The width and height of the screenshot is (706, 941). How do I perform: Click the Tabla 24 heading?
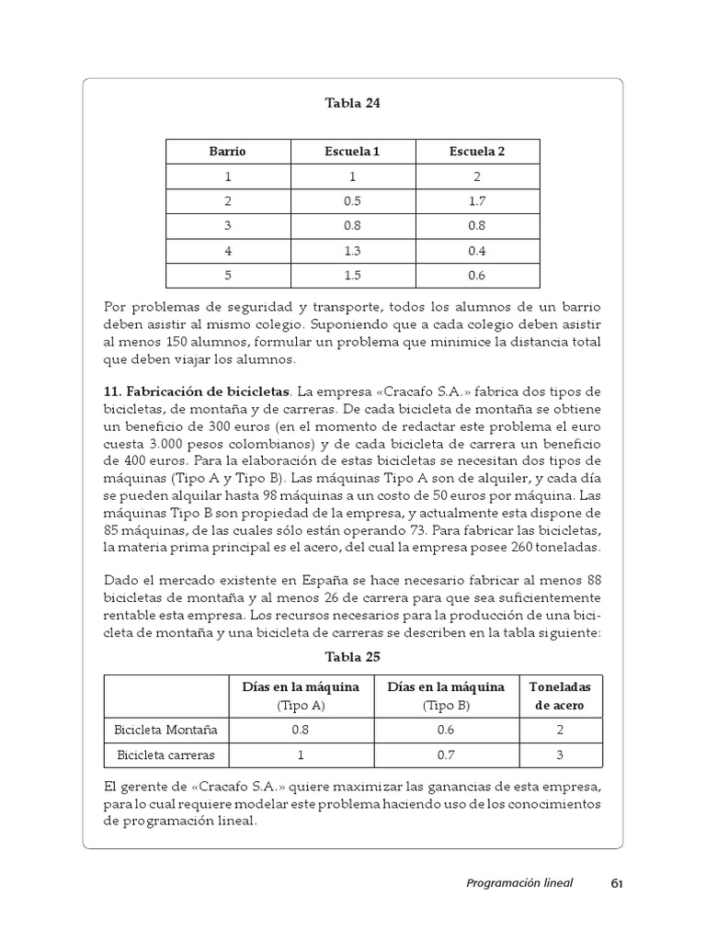tap(352, 103)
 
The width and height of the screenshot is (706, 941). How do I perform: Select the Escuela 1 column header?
tap(352, 151)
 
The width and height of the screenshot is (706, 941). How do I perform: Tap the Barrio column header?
tap(228, 151)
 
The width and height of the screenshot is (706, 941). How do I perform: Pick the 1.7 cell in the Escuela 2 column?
tap(477, 200)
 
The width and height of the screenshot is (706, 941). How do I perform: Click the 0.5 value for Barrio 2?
tap(352, 200)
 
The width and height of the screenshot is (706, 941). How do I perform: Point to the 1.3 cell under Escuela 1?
tap(352, 250)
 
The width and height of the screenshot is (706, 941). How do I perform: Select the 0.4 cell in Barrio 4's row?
tap(477, 250)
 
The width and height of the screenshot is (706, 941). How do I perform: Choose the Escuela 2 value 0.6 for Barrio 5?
tap(477, 275)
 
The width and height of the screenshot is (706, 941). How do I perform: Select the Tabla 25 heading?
tap(352, 657)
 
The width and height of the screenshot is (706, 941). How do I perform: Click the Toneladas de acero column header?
tap(561, 696)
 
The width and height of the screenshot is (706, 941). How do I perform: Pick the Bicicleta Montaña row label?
tap(165, 731)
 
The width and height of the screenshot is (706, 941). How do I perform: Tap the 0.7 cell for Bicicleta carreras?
tap(446, 755)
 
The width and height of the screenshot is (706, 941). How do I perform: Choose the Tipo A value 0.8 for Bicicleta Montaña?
tap(300, 731)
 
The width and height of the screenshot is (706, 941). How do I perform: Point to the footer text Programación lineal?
tap(518, 883)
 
